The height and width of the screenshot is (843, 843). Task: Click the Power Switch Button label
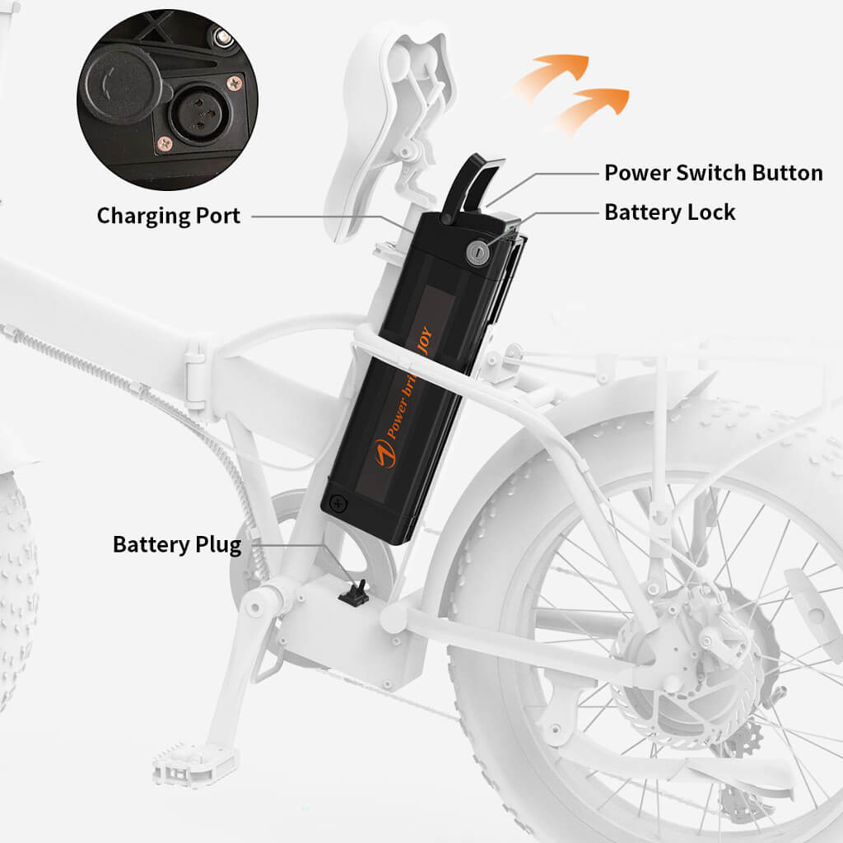pos(713,173)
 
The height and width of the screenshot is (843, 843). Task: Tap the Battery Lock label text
pos(669,212)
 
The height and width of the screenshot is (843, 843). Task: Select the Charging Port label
pos(169,216)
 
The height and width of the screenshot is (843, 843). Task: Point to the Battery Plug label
pos(177,545)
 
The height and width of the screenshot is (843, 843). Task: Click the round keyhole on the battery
pos(477,253)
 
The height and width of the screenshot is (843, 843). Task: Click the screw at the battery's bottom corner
pos(337,501)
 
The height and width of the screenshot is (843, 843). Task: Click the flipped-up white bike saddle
pos(387,123)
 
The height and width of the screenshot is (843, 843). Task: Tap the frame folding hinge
pos(195,379)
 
